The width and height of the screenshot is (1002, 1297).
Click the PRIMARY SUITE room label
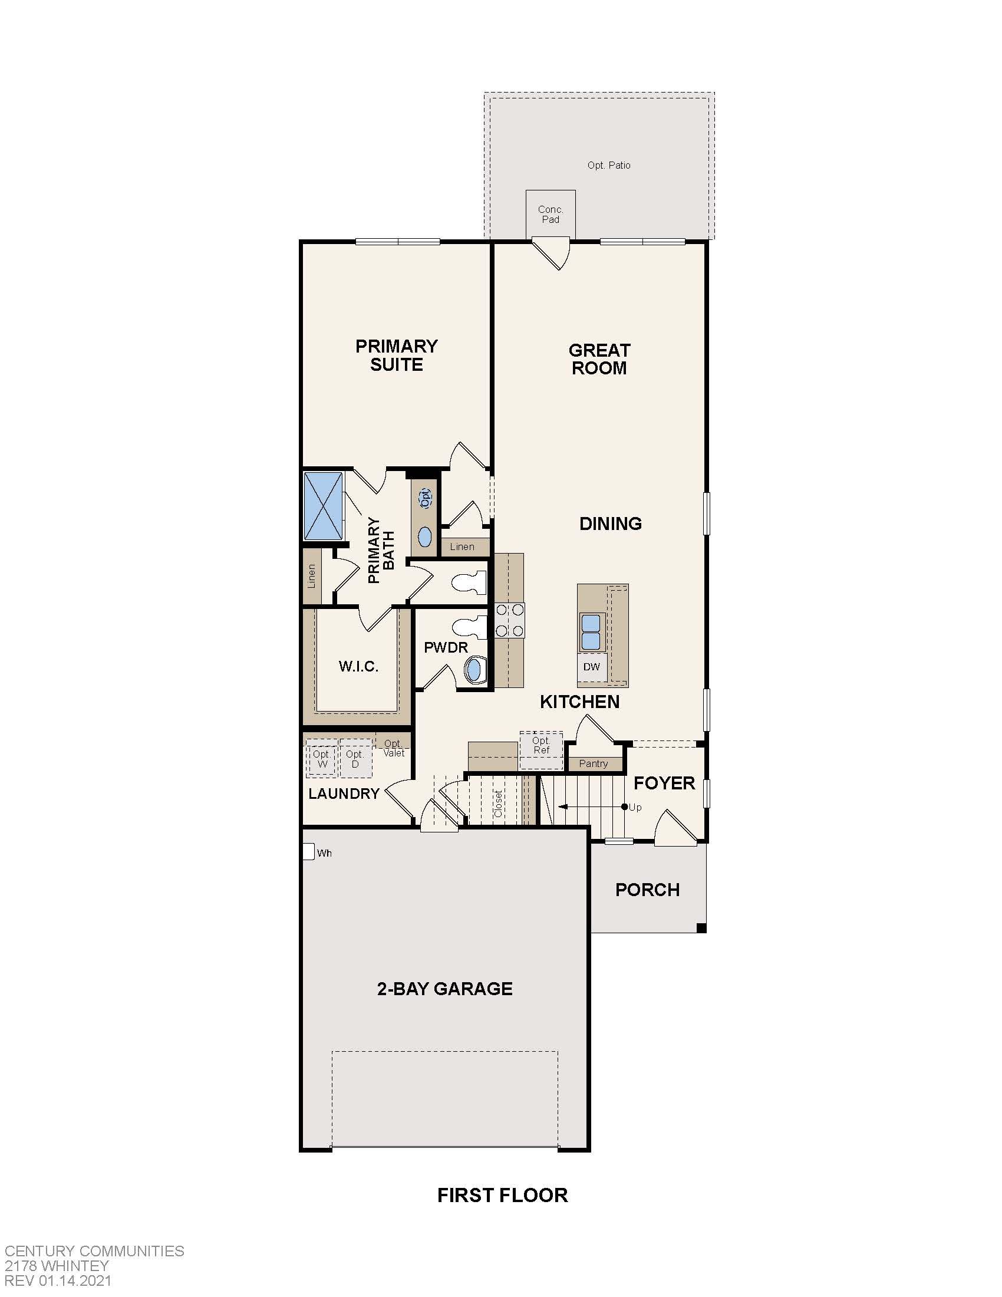(397, 355)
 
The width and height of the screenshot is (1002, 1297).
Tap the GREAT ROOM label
(599, 358)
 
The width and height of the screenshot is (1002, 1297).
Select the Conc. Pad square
(551, 214)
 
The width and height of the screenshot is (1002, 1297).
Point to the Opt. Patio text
(608, 165)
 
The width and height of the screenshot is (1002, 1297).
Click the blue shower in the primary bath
(324, 505)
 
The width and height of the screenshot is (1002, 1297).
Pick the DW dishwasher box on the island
(591, 667)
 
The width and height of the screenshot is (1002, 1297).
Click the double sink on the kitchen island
(591, 632)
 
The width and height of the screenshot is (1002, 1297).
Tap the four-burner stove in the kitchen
(510, 620)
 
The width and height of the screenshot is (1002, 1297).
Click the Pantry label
(593, 763)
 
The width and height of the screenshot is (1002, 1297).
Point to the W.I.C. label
(358, 666)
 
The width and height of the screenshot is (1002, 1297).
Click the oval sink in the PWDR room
(474, 670)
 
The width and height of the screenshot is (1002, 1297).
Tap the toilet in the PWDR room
(469, 628)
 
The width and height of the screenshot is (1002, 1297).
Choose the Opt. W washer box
(322, 759)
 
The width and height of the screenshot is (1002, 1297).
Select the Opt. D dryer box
(355, 759)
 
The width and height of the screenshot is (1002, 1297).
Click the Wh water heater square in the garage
(308, 852)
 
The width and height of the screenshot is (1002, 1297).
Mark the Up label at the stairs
(635, 807)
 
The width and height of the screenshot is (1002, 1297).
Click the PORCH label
(647, 890)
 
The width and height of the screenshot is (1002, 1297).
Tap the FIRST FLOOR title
(502, 1195)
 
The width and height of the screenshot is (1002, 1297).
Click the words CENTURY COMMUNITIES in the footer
(94, 1250)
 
